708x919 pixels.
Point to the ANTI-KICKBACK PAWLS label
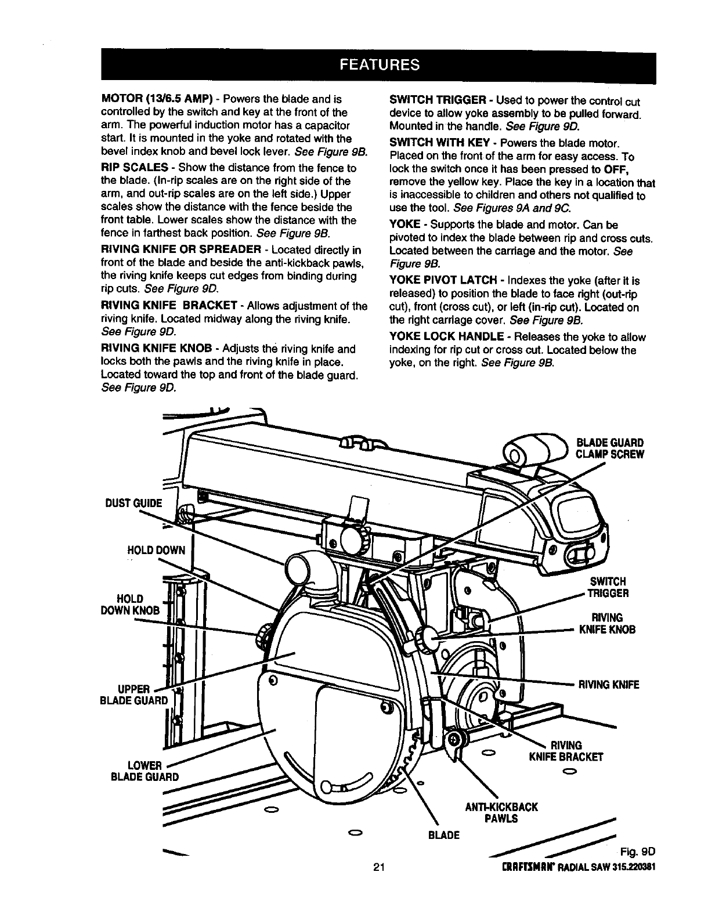click(x=503, y=812)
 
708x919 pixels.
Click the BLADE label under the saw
click(x=443, y=835)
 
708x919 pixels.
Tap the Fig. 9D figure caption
click(x=637, y=852)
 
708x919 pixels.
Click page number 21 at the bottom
click(x=380, y=868)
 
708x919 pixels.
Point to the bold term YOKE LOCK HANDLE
click(x=446, y=337)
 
